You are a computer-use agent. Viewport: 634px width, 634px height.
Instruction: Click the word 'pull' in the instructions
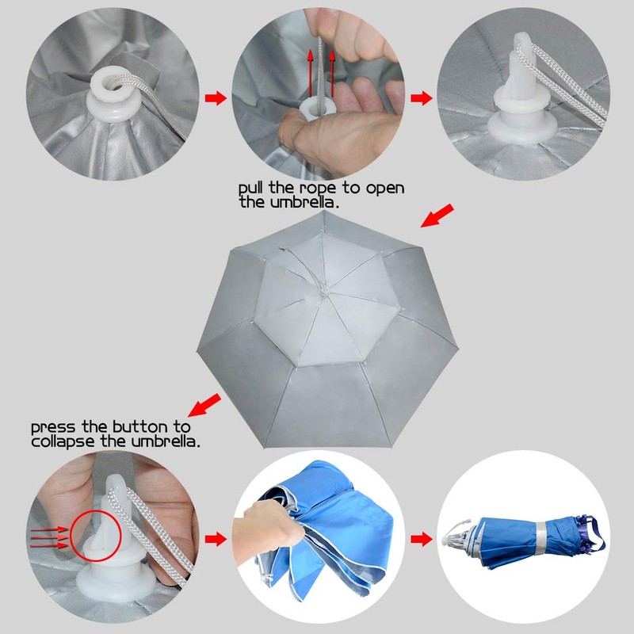click(252, 189)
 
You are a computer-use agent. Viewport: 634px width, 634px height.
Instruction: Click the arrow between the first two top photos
click(215, 98)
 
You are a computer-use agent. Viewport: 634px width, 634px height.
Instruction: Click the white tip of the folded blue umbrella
click(456, 538)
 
